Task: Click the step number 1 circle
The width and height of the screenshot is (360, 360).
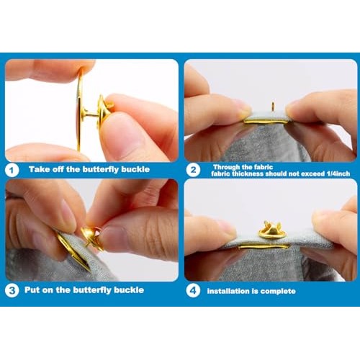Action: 12,170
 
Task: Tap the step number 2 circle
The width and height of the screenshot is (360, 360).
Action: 193,170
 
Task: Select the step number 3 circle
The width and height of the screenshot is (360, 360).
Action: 12,291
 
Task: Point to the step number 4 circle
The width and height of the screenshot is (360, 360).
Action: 193,291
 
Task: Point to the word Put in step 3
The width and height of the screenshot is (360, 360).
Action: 32,290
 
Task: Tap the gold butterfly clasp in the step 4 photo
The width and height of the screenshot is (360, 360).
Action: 272,230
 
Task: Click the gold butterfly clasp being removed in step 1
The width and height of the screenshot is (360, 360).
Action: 105,111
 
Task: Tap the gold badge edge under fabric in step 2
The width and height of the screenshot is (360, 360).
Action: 265,122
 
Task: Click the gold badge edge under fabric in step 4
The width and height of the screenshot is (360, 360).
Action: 264,247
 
